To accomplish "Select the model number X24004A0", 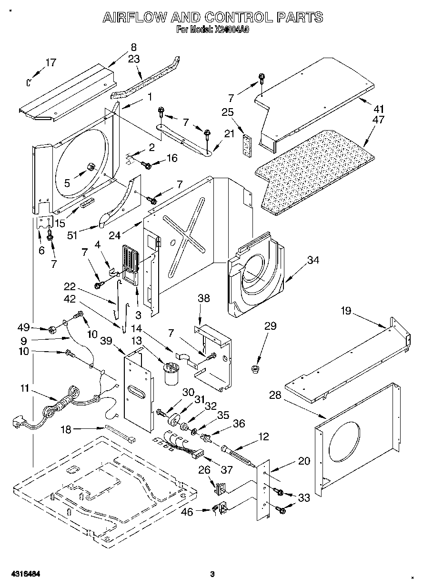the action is pos(232,30).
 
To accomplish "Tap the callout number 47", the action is pos(378,120).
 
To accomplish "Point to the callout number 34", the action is pos(313,260).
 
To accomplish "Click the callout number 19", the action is pos(346,311).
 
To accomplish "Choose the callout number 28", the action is pos(275,402).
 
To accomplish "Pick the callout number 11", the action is pos(25,388).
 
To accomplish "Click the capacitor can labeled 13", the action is pos(171,373).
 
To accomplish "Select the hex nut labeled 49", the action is pos(52,329).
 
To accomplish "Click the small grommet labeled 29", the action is pos(255,369).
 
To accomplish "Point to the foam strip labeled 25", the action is pos(247,146).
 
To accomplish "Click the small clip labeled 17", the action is pos(29,82).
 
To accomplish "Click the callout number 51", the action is pos(72,235).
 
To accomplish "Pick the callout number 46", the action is pos(187,512).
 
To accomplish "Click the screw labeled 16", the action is pos(146,165).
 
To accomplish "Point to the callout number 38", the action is pos(204,298).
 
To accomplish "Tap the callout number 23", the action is pos(134,60).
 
